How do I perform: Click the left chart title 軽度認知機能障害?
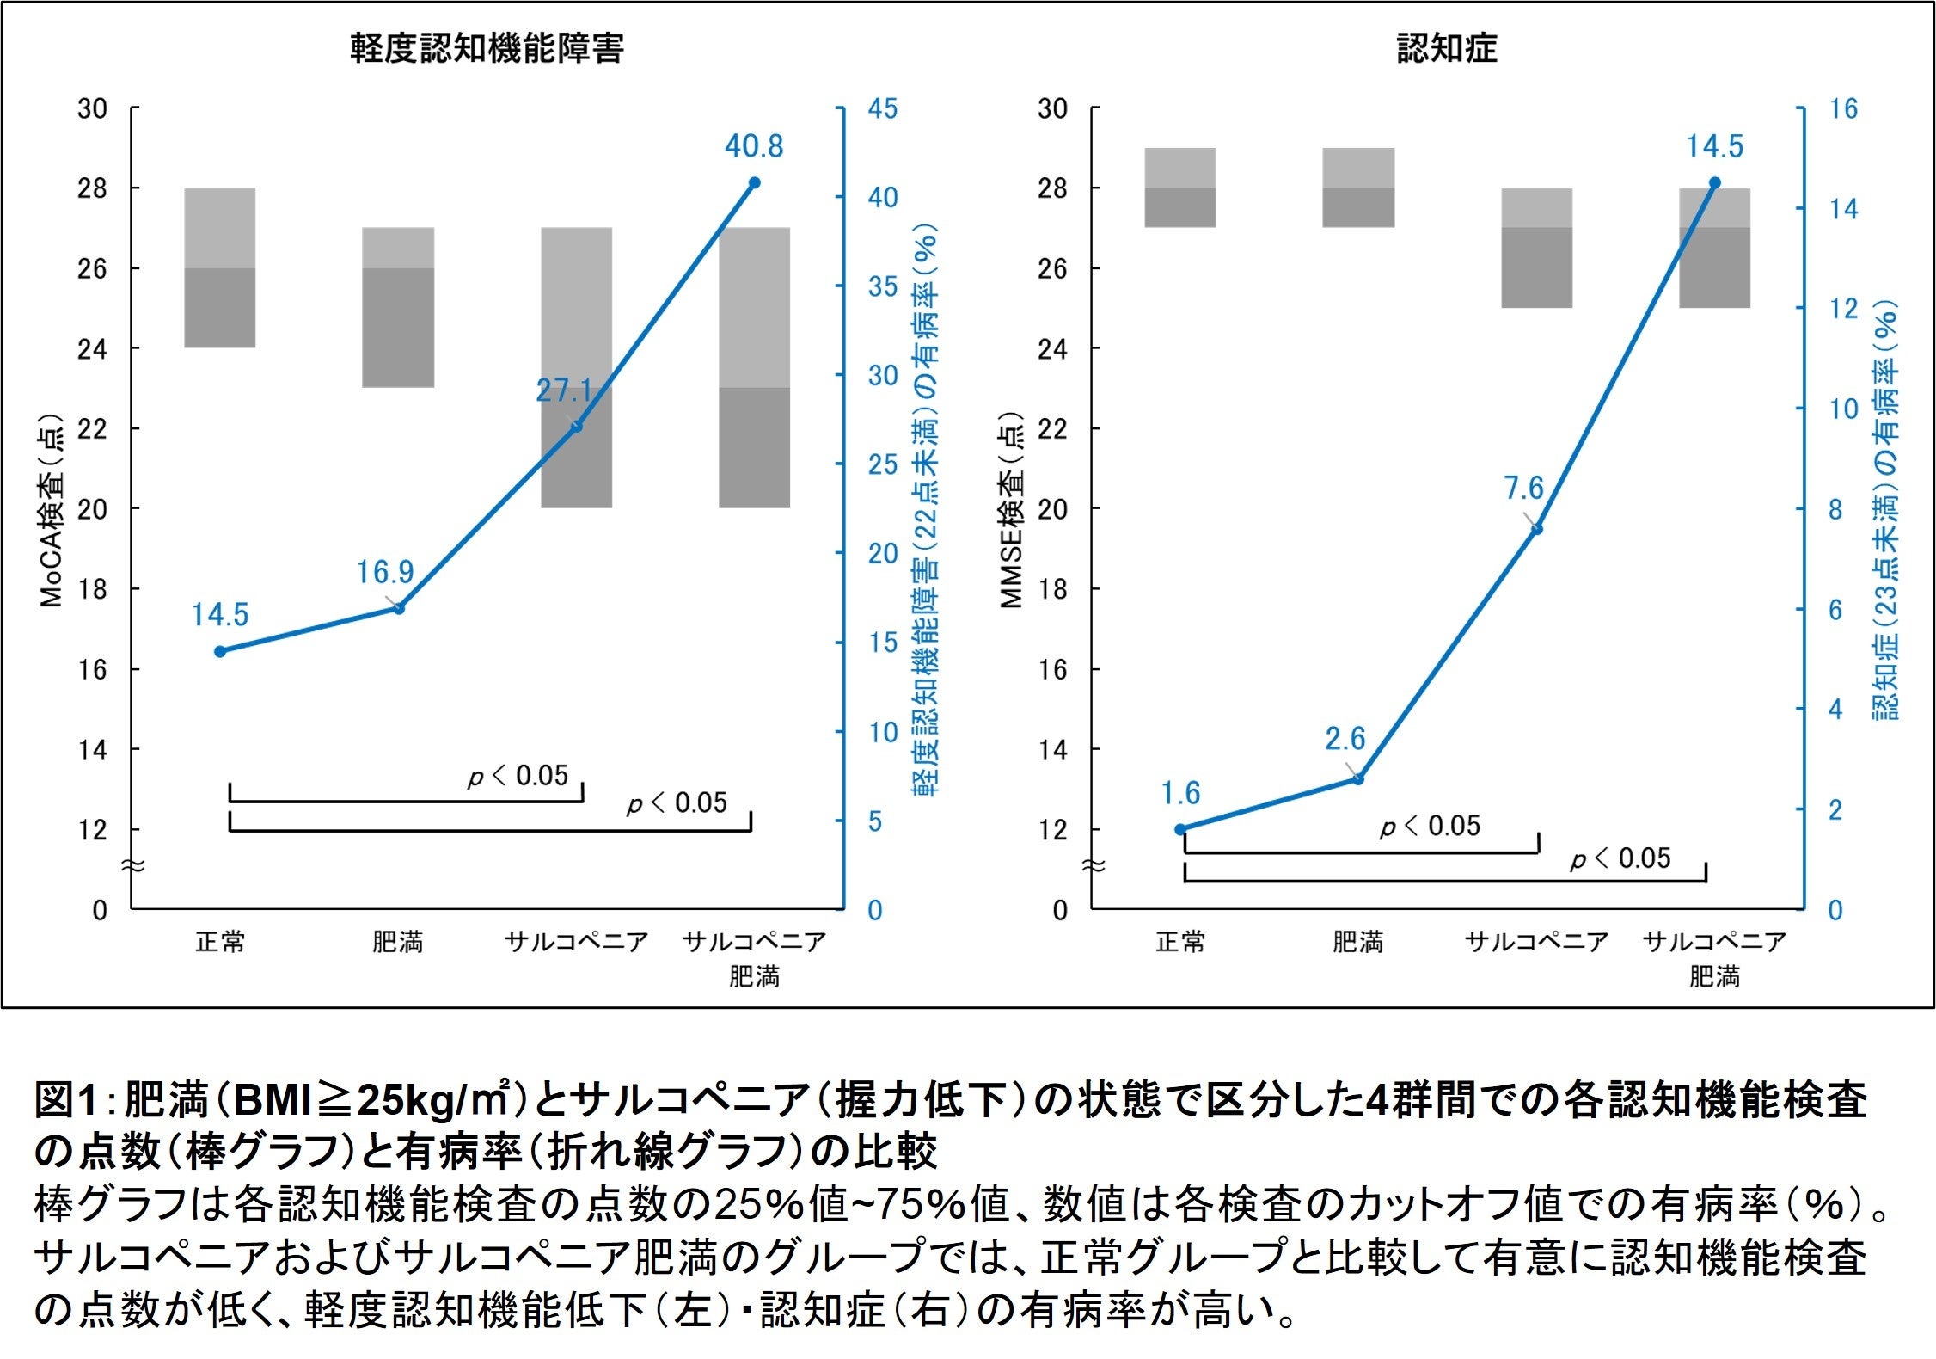click(487, 49)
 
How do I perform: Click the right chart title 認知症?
click(1446, 49)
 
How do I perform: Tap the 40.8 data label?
click(753, 147)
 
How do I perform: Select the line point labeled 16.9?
click(399, 609)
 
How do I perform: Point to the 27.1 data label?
click(564, 391)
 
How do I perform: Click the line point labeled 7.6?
click(1537, 530)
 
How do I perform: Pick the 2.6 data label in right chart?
click(1345, 739)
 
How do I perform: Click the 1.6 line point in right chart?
click(1180, 830)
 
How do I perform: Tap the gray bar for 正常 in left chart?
click(220, 267)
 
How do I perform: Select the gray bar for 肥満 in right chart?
click(1358, 188)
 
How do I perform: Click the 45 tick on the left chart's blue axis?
click(882, 109)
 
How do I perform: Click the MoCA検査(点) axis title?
click(52, 511)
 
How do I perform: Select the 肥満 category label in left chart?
click(397, 943)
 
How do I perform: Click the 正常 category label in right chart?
click(1180, 943)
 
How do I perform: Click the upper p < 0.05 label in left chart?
click(518, 776)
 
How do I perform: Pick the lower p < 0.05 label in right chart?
click(1620, 858)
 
